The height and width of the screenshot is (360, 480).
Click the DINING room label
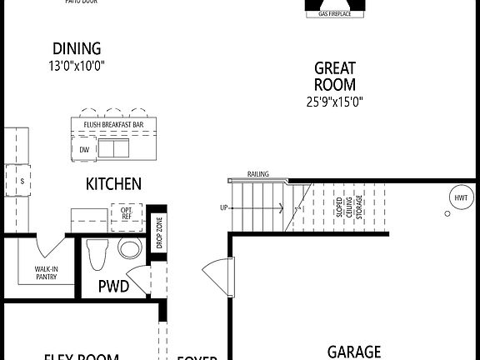pyautogui.click(x=77, y=48)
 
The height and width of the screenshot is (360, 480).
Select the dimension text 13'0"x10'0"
pyautogui.click(x=77, y=64)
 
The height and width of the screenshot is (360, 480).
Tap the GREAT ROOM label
pyautogui.click(x=335, y=76)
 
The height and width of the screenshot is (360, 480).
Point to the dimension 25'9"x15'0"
pyautogui.click(x=335, y=102)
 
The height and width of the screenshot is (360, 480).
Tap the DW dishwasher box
pyautogui.click(x=84, y=149)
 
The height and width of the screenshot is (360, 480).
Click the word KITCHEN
pyautogui.click(x=113, y=184)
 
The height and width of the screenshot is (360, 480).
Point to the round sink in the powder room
pyautogui.click(x=130, y=248)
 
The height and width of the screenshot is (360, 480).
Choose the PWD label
pyautogui.click(x=113, y=286)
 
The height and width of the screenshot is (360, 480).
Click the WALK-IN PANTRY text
pyautogui.click(x=46, y=272)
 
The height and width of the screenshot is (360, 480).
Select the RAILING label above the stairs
pyautogui.click(x=257, y=174)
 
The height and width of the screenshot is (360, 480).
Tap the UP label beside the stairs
pyautogui.click(x=223, y=207)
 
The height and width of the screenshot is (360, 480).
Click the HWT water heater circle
pyautogui.click(x=460, y=197)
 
